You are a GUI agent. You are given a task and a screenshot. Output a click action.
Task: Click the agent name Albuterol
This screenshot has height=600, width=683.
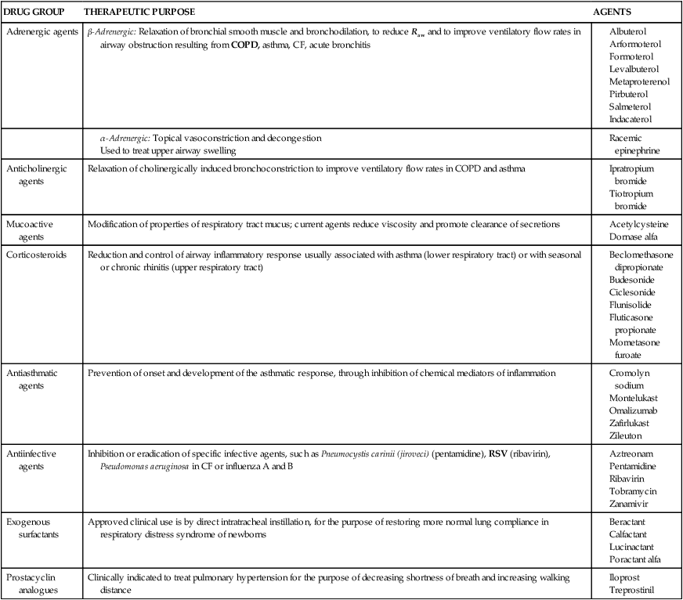[x=628, y=31]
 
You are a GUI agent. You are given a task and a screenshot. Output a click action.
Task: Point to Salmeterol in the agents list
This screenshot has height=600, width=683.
[x=630, y=107]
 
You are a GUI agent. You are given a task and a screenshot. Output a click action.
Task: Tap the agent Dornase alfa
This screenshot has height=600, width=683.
[x=633, y=237]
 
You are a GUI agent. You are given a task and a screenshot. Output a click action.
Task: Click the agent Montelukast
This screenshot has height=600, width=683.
[x=634, y=398]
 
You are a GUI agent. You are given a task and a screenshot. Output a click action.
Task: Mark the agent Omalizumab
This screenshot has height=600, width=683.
[x=634, y=410]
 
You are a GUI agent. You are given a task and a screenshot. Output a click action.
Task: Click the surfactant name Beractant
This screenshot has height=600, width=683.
[x=628, y=522]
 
